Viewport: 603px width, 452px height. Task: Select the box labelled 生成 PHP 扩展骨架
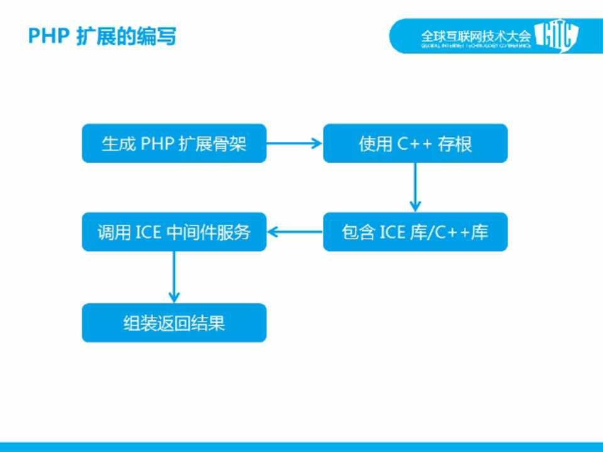(x=174, y=143)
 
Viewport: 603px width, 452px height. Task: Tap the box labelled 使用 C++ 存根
(x=415, y=143)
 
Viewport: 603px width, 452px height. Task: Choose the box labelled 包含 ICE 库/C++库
(x=415, y=232)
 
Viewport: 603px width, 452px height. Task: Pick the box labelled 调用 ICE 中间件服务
(x=174, y=232)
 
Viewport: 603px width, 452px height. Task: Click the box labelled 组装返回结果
(x=174, y=323)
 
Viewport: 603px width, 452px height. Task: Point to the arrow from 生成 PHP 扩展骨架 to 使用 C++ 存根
(x=295, y=143)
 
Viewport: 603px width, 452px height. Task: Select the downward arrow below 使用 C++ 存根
(x=415, y=187)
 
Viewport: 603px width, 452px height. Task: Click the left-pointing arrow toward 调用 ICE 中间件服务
(x=295, y=232)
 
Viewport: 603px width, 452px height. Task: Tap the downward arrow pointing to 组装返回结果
(x=174, y=277)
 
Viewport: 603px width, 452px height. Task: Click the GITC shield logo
(x=556, y=36)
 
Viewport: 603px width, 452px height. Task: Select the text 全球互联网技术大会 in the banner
(x=475, y=35)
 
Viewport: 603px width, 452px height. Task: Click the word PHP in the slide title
(x=48, y=36)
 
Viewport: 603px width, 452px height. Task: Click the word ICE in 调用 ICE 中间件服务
(x=148, y=232)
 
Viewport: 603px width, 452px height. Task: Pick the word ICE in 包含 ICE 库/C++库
(x=392, y=232)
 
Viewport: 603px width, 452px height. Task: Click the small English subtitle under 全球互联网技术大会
(x=475, y=46)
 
